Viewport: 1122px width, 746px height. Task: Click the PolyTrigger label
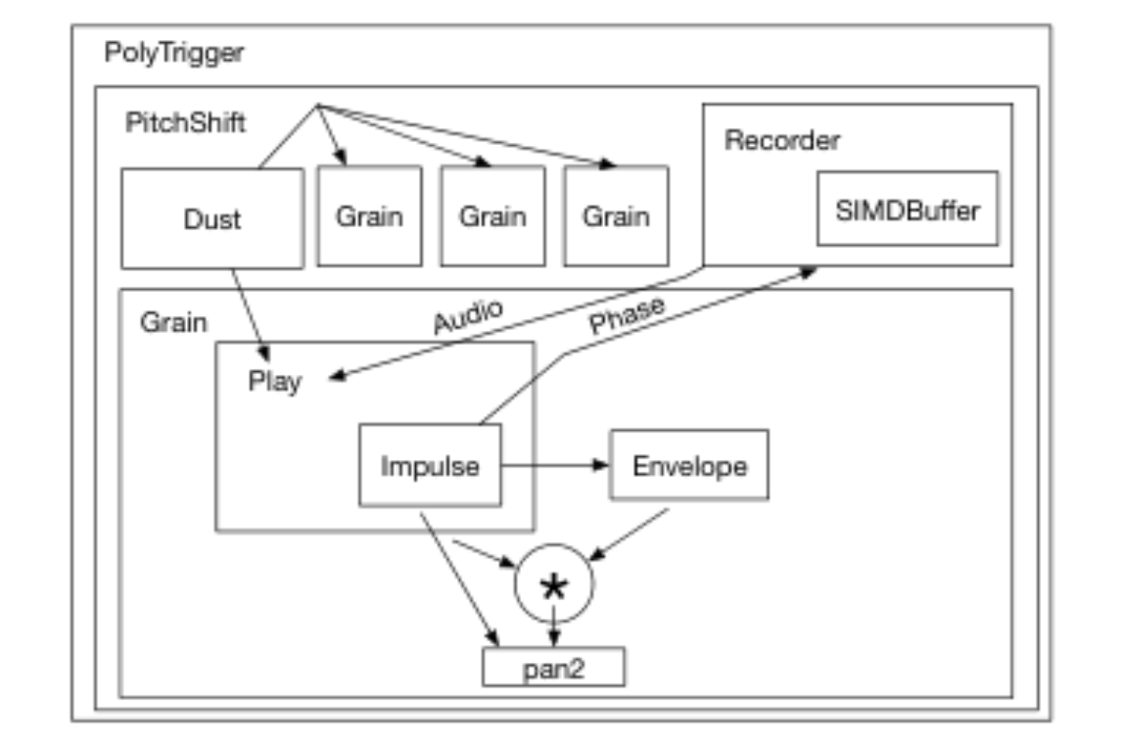click(174, 53)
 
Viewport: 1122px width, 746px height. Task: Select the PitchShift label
click(185, 122)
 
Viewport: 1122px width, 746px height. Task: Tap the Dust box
click(212, 219)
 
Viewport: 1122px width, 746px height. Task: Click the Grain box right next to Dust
click(369, 216)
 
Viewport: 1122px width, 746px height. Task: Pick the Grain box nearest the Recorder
click(616, 216)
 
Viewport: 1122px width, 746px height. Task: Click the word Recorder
click(782, 140)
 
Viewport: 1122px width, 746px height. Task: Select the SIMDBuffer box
click(907, 208)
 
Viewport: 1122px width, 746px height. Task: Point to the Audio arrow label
click(467, 316)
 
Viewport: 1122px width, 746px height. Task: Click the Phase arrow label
click(627, 314)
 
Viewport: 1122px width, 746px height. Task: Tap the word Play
click(275, 382)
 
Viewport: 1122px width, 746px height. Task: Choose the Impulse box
click(430, 466)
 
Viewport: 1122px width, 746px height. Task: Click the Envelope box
click(689, 465)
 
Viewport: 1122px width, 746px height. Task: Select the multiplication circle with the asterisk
click(554, 583)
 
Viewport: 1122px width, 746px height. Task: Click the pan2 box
click(554, 667)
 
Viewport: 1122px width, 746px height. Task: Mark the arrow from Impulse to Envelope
click(554, 466)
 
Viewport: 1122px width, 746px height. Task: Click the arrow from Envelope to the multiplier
click(628, 534)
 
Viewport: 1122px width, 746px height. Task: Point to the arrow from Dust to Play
click(251, 315)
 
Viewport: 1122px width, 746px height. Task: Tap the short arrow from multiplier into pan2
click(554, 626)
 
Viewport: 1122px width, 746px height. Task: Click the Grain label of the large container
click(173, 322)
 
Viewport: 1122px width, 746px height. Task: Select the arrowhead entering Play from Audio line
click(338, 376)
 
